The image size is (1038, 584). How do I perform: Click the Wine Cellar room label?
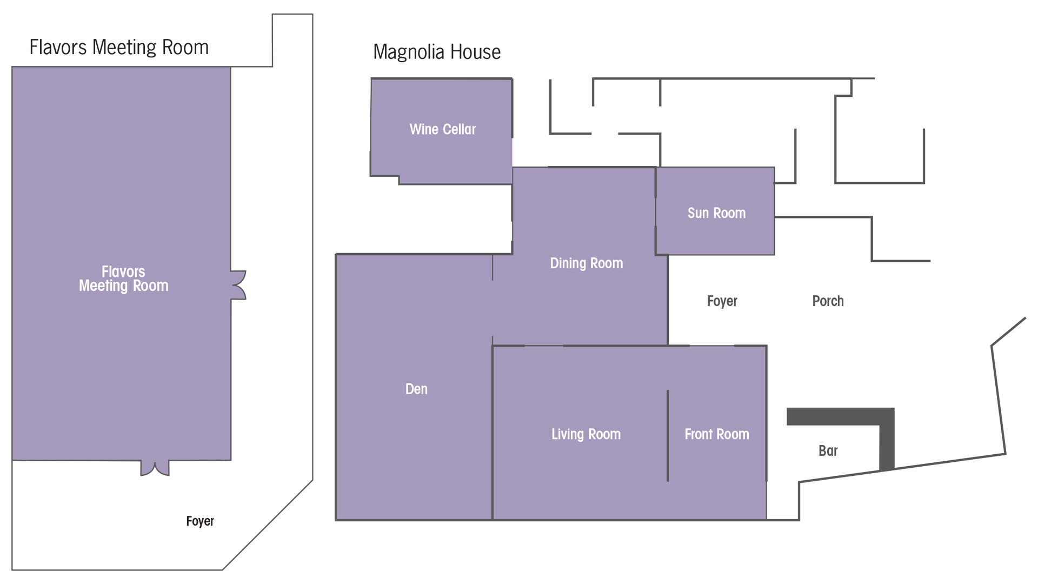[442, 129]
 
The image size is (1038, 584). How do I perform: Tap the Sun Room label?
[716, 213]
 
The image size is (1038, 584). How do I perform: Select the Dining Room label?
[586, 263]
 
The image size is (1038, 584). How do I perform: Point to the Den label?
[416, 389]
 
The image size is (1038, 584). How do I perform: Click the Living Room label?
[586, 434]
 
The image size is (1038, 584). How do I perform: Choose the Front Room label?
[717, 434]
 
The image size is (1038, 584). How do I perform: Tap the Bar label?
[828, 451]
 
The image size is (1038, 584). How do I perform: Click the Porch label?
[828, 301]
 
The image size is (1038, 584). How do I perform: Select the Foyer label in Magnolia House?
[722, 301]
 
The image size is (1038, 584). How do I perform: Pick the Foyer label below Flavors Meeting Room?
[200, 521]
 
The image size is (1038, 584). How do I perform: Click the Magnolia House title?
[437, 52]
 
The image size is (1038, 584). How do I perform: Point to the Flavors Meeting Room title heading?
[119, 48]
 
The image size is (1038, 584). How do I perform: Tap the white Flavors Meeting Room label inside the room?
[123, 278]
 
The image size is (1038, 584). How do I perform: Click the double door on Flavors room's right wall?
[238, 285]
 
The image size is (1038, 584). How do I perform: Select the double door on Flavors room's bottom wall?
[155, 468]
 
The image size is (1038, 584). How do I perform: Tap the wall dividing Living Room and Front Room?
[668, 435]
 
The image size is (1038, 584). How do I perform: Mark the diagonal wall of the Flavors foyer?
[268, 525]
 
